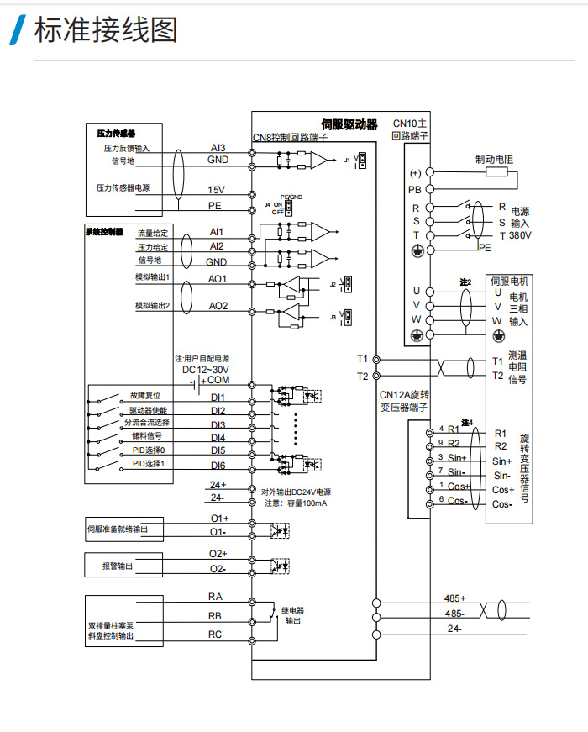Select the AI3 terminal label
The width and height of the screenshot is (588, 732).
(x=218, y=147)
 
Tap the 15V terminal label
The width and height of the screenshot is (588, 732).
(x=217, y=190)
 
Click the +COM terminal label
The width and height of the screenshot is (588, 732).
(x=218, y=381)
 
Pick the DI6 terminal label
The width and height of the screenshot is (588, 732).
(x=218, y=465)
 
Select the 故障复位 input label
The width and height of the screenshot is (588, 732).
(x=145, y=395)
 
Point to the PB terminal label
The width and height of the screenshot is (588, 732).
(x=414, y=189)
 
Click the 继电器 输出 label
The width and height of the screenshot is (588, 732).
(x=292, y=614)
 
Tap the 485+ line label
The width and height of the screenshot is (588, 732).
(x=454, y=598)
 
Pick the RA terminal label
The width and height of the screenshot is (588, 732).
(x=215, y=596)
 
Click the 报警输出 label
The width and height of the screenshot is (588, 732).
(x=118, y=566)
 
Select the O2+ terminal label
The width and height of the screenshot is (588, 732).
(x=218, y=554)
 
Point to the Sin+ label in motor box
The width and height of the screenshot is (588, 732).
(x=502, y=461)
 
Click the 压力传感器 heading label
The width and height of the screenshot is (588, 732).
(x=116, y=133)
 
